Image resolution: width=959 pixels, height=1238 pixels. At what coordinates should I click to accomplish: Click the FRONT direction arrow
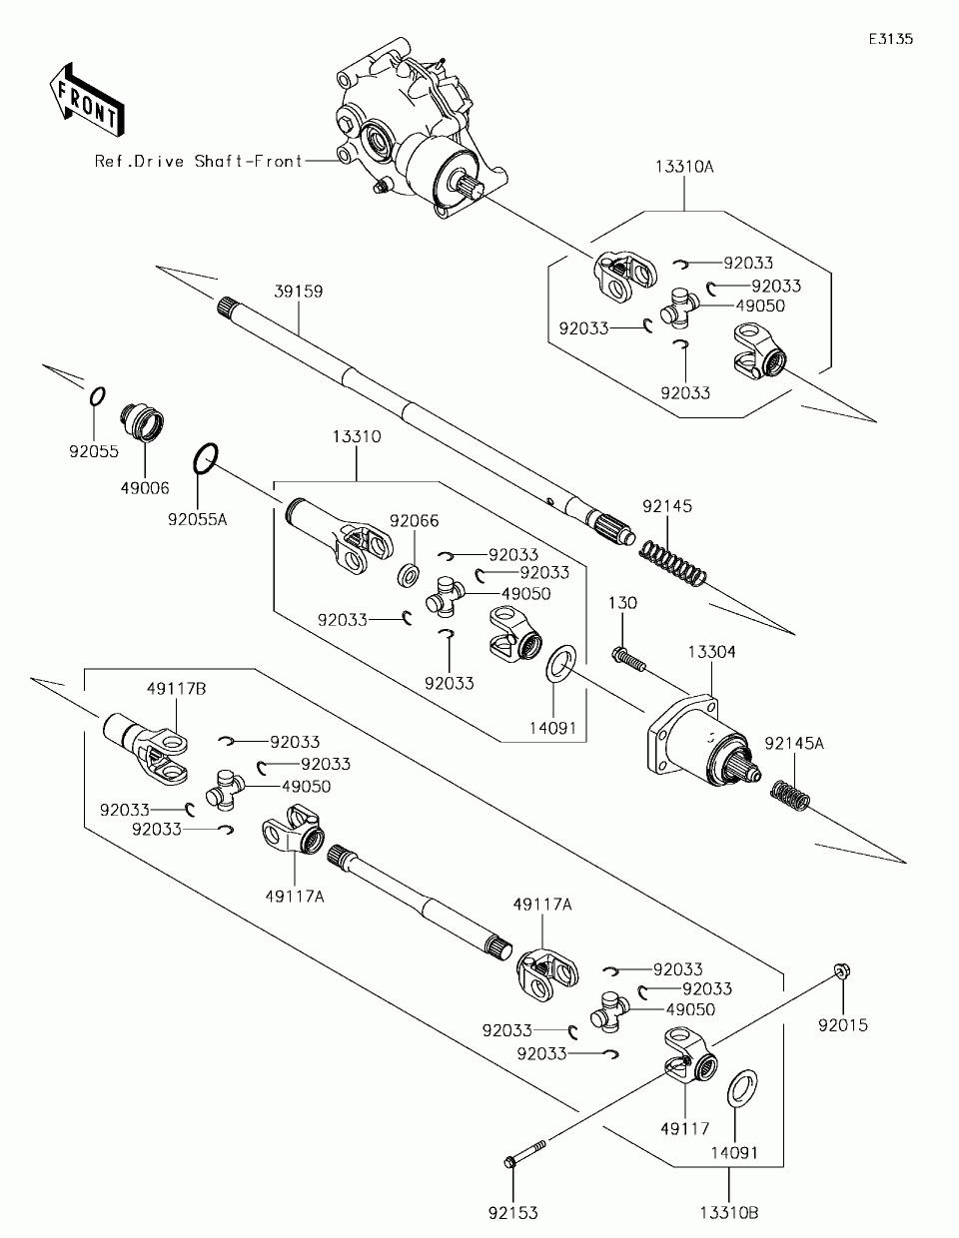(x=87, y=99)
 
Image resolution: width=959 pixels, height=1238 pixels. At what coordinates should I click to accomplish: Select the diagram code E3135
(x=891, y=39)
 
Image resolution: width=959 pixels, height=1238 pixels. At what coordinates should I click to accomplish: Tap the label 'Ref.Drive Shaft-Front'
(x=199, y=161)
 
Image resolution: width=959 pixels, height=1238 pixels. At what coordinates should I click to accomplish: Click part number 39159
(x=299, y=292)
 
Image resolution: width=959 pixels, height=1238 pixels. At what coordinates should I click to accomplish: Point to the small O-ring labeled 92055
(x=98, y=396)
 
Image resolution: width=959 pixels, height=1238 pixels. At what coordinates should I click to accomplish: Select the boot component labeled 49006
(x=142, y=422)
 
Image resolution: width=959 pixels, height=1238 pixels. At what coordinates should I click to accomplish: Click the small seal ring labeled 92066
(x=408, y=575)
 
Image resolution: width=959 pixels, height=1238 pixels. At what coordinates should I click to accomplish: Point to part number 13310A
(x=684, y=167)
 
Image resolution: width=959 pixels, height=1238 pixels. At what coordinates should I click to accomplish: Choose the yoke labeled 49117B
(x=145, y=748)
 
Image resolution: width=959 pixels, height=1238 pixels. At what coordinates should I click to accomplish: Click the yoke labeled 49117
(x=690, y=1057)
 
